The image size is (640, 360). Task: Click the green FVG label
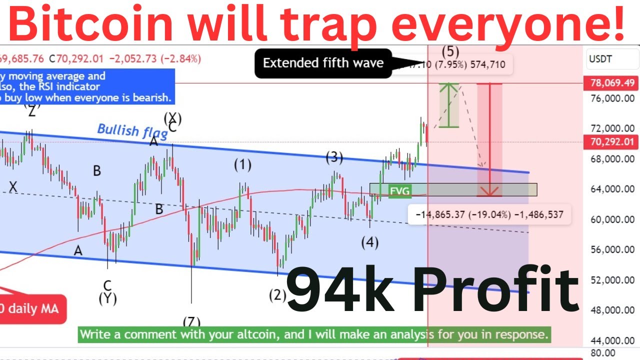[x=399, y=190]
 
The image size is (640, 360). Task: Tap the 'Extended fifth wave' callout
[x=323, y=63]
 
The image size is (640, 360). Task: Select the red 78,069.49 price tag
[x=611, y=83]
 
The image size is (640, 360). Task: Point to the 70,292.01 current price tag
[x=611, y=142]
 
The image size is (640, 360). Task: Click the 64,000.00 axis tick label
[x=611, y=189]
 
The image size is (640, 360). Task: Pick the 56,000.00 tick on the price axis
[x=611, y=250]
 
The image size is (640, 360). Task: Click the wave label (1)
[x=243, y=165]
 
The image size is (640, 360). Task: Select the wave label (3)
[x=334, y=158]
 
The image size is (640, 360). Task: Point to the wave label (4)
[x=370, y=243]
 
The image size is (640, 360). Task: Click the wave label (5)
[x=450, y=51]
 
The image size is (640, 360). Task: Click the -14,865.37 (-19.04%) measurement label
[x=489, y=215]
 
